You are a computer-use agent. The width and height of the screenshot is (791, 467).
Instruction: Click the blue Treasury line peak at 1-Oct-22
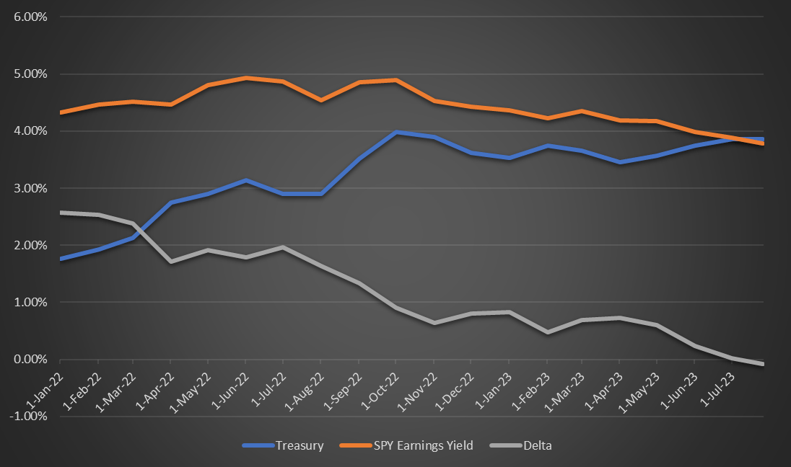coord(395,132)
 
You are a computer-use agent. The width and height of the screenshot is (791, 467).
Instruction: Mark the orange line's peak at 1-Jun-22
coord(246,78)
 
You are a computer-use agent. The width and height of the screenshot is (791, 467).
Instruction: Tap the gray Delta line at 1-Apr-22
coord(170,261)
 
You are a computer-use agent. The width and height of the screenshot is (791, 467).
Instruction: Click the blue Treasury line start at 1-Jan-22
coord(60,258)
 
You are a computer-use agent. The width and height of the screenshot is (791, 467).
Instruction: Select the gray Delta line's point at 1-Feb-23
coord(546,332)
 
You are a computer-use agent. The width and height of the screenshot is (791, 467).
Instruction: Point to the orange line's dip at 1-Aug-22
coord(321,100)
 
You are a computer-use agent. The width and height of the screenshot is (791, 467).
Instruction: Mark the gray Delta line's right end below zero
coord(763,364)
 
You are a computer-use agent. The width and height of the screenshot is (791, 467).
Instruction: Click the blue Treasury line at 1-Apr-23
coord(619,162)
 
